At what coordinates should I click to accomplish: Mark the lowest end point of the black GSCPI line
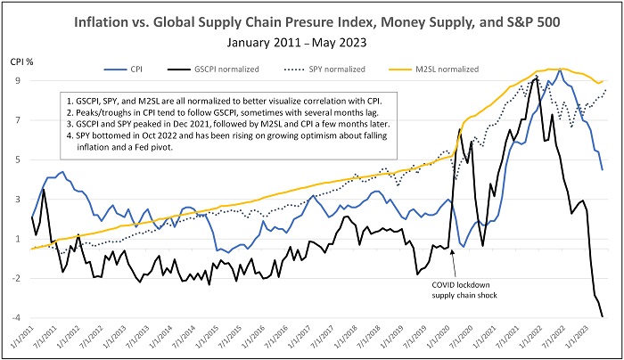(603, 316)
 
